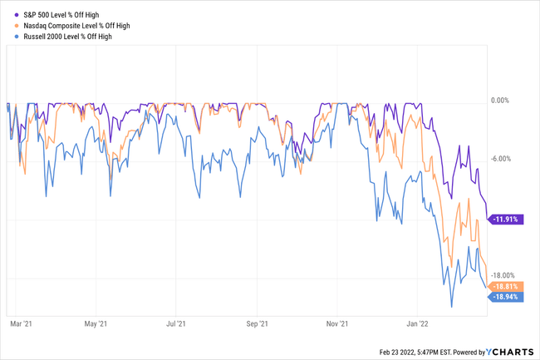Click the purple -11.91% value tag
pyautogui.click(x=505, y=219)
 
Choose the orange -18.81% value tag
pyautogui.click(x=505, y=286)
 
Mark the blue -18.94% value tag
pyautogui.click(x=505, y=296)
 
